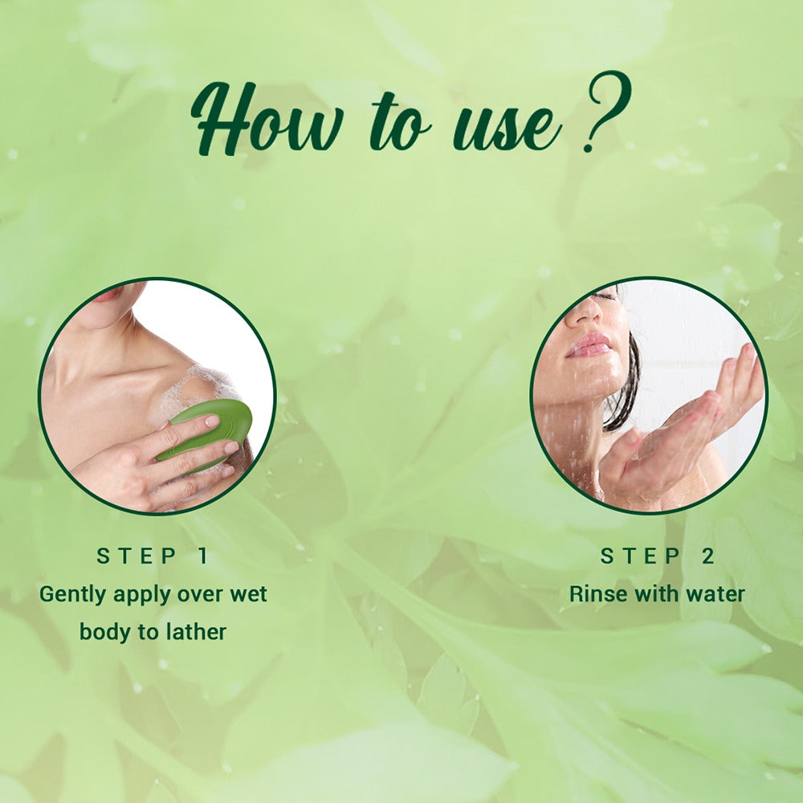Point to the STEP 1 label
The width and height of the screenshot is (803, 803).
click(x=153, y=556)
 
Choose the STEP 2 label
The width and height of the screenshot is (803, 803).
click(x=657, y=556)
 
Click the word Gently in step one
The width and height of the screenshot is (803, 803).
click(x=72, y=595)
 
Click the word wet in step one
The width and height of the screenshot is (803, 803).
click(x=248, y=595)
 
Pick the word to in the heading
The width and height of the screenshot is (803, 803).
click(x=399, y=124)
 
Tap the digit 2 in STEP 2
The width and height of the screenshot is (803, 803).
click(x=707, y=556)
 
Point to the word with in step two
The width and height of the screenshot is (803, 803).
click(x=655, y=594)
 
